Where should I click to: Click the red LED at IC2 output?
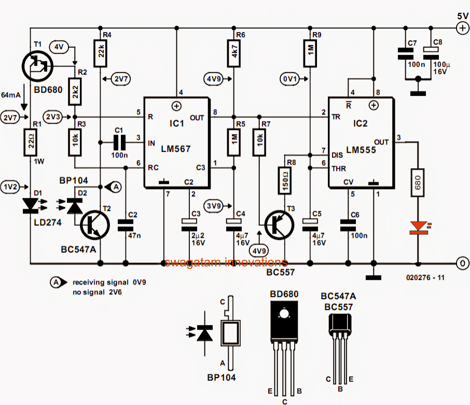(418, 227)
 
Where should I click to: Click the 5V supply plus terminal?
(461, 30)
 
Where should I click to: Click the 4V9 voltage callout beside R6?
(213, 79)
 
